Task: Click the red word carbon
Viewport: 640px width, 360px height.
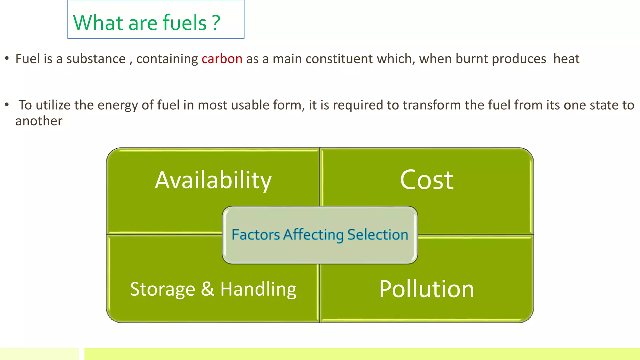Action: tap(222, 59)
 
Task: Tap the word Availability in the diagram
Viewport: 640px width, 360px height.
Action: tap(213, 180)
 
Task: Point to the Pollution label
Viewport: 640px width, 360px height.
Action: tap(427, 289)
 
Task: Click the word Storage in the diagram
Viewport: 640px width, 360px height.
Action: tap(162, 289)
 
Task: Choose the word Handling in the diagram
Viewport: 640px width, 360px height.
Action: tap(258, 289)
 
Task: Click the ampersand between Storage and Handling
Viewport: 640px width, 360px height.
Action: tap(207, 289)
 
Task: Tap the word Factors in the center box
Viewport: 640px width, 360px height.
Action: tap(256, 235)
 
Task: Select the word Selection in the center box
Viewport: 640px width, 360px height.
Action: tap(378, 235)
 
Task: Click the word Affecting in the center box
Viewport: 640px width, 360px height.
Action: tap(313, 235)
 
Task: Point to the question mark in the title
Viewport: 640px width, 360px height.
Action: tap(216, 23)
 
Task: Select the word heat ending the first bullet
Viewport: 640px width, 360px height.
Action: tap(566, 59)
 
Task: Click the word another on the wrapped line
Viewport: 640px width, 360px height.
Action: tap(39, 121)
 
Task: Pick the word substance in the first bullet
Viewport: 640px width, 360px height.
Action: tap(96, 59)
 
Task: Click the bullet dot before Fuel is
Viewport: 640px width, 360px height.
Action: tap(7, 58)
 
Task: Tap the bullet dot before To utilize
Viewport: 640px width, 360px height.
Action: tap(7, 105)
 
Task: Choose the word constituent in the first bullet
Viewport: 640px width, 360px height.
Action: tap(339, 59)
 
